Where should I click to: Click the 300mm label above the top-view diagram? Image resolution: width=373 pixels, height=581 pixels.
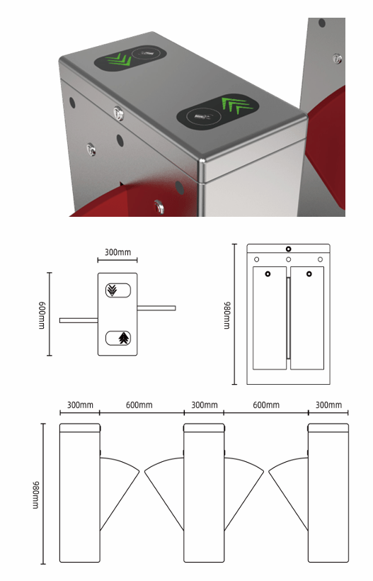(x=117, y=252)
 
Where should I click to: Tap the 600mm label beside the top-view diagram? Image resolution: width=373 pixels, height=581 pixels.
(x=42, y=315)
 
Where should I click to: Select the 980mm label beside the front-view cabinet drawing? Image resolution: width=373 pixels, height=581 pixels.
(x=226, y=315)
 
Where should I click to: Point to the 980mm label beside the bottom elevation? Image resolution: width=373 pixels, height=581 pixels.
(x=35, y=495)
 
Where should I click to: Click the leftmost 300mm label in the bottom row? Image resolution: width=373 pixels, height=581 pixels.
(x=80, y=405)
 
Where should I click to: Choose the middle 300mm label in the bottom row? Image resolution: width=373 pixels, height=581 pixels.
(x=205, y=405)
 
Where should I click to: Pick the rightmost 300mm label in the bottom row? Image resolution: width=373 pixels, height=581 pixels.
(x=328, y=405)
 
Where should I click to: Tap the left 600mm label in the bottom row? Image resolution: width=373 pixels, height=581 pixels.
(x=139, y=405)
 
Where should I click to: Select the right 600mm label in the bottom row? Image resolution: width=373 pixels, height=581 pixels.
(x=266, y=405)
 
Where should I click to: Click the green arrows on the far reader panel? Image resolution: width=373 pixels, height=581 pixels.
(x=119, y=60)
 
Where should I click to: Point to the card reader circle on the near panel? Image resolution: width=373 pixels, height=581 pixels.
(x=204, y=117)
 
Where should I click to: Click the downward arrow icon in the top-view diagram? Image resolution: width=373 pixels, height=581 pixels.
(x=111, y=290)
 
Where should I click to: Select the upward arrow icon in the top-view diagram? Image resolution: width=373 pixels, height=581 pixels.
(x=125, y=338)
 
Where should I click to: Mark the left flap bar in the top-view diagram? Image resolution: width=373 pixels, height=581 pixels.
(x=79, y=320)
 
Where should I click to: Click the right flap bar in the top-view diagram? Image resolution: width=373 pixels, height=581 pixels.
(x=156, y=308)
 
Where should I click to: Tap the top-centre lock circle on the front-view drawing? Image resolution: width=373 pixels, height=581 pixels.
(x=289, y=249)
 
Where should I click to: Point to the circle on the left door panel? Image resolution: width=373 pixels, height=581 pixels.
(x=268, y=273)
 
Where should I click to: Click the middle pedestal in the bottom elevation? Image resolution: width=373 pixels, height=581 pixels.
(x=205, y=493)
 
